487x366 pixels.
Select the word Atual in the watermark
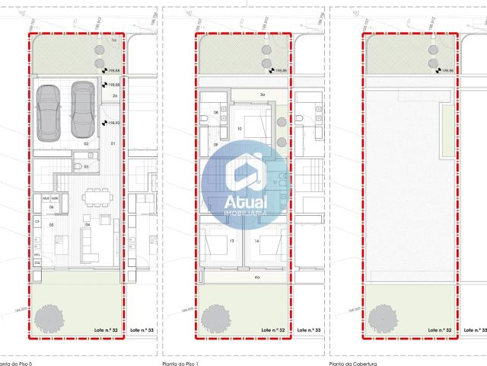(x=246, y=203)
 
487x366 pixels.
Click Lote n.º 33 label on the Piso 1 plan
(x=308, y=329)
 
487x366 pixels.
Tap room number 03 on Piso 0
(x=86, y=165)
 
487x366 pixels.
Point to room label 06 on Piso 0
(x=52, y=207)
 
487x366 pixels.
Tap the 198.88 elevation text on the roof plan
(x=447, y=71)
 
